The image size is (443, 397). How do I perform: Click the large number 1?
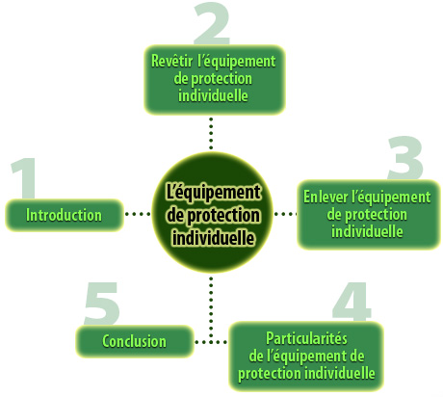(x=25, y=178)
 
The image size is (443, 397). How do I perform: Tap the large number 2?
(x=212, y=24)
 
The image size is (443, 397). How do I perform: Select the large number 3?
(x=405, y=158)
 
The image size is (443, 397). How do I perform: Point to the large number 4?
(x=352, y=302)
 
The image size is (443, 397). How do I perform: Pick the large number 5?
(x=102, y=304)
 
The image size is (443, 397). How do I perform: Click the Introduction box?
(x=65, y=215)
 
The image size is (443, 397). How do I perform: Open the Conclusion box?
(x=135, y=341)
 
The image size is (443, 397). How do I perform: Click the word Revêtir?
(x=172, y=61)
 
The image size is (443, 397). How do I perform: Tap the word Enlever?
(x=326, y=197)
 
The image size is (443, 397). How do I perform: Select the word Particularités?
(x=306, y=338)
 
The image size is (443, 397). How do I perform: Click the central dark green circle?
(x=212, y=213)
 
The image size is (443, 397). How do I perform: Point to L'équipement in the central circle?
(x=213, y=192)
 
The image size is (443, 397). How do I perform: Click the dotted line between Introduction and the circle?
(x=138, y=214)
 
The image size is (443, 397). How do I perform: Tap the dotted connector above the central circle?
(x=211, y=133)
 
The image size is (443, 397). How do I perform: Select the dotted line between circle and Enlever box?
(x=285, y=214)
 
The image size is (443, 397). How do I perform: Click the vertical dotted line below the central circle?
(x=211, y=309)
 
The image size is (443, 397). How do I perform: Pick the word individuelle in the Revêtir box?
(x=213, y=95)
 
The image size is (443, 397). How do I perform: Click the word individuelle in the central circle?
(x=214, y=238)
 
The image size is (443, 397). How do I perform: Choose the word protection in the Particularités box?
(x=270, y=374)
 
